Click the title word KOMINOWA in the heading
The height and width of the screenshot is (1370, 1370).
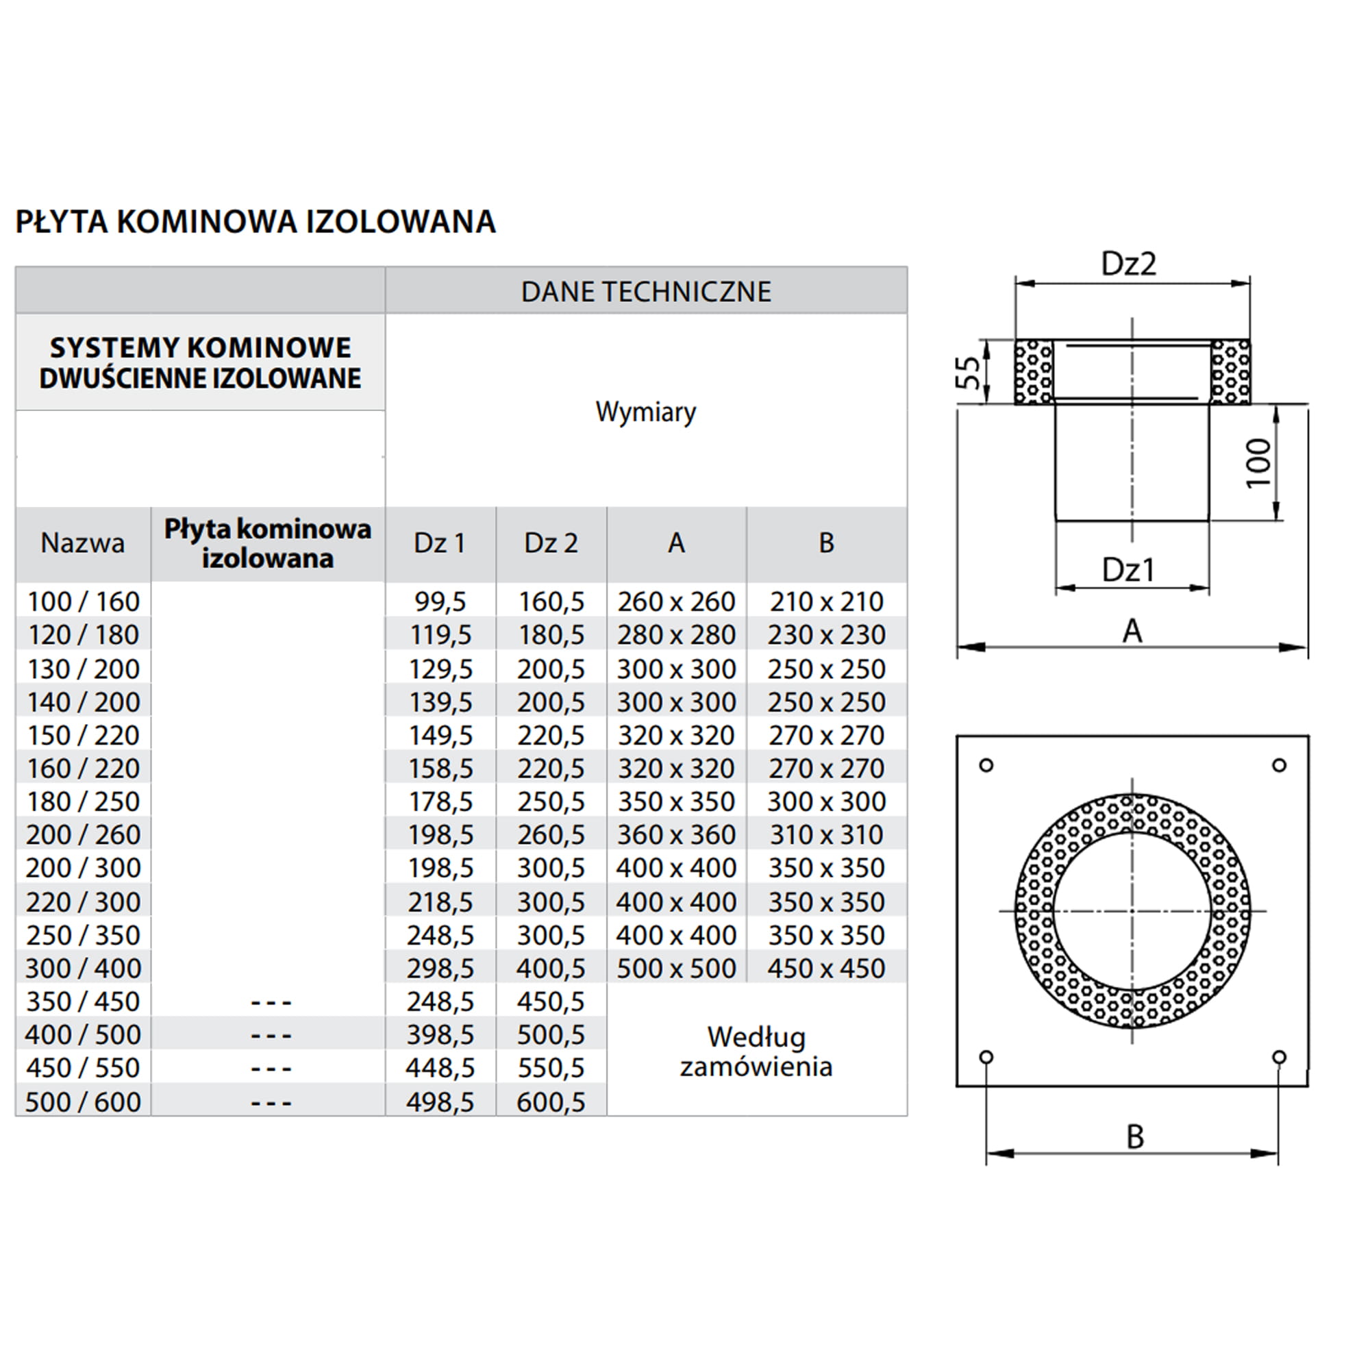click(206, 221)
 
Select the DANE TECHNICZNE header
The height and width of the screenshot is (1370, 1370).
click(645, 291)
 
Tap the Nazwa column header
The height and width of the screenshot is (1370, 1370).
click(83, 543)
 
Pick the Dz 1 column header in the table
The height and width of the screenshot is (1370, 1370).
click(440, 543)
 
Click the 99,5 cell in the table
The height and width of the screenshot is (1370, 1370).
click(440, 601)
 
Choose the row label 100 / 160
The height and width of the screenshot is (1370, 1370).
click(83, 601)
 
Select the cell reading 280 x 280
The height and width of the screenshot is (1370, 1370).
click(676, 635)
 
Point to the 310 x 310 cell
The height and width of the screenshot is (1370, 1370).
click(826, 834)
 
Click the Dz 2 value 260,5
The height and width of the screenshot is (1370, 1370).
click(551, 834)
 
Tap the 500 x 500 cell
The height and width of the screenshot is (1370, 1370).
click(676, 968)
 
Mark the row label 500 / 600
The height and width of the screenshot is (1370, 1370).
click(83, 1102)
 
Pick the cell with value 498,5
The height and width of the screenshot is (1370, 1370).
click(440, 1102)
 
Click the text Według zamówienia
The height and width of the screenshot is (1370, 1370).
click(756, 1051)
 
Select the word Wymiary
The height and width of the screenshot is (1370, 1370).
click(645, 411)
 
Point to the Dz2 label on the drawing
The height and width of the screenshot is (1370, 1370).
click(1128, 264)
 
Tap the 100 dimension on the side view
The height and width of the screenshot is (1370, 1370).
click(1258, 462)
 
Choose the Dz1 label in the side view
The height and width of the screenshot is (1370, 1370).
click(1128, 569)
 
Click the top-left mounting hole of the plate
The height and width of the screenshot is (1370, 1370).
click(986, 765)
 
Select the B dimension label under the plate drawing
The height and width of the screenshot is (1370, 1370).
click(1134, 1136)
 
